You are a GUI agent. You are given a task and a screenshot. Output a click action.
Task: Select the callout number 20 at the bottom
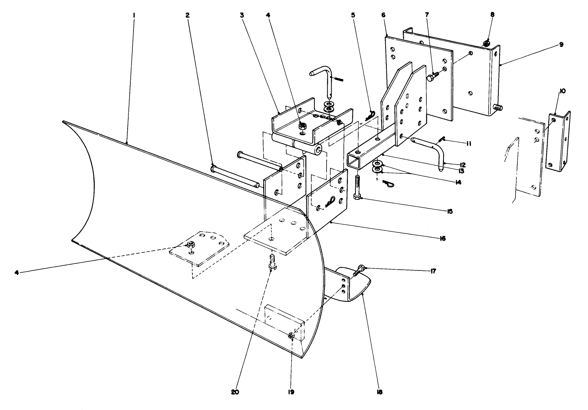235,392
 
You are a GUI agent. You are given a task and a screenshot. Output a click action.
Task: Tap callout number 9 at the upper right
561,45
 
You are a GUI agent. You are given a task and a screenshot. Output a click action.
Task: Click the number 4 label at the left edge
17,272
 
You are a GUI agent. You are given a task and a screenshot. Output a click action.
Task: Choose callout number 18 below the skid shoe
379,392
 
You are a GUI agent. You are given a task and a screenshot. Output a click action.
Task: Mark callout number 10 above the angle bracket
562,91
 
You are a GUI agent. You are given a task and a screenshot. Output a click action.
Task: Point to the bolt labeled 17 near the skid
359,270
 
